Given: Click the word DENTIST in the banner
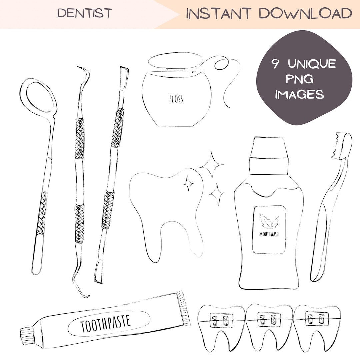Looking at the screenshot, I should coord(84,13).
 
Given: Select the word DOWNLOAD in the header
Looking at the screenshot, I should coord(305,14).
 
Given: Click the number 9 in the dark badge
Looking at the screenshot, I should coord(276,64).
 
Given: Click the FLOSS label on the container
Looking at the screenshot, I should coord(176,99).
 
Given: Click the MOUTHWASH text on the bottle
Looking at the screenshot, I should coord(269,234).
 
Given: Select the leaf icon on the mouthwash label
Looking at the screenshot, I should coord(269,221).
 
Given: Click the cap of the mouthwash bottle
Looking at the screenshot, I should coord(269,149).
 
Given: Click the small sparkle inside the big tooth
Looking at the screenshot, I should coord(189,183).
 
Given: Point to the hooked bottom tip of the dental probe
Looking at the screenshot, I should coord(82,292).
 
